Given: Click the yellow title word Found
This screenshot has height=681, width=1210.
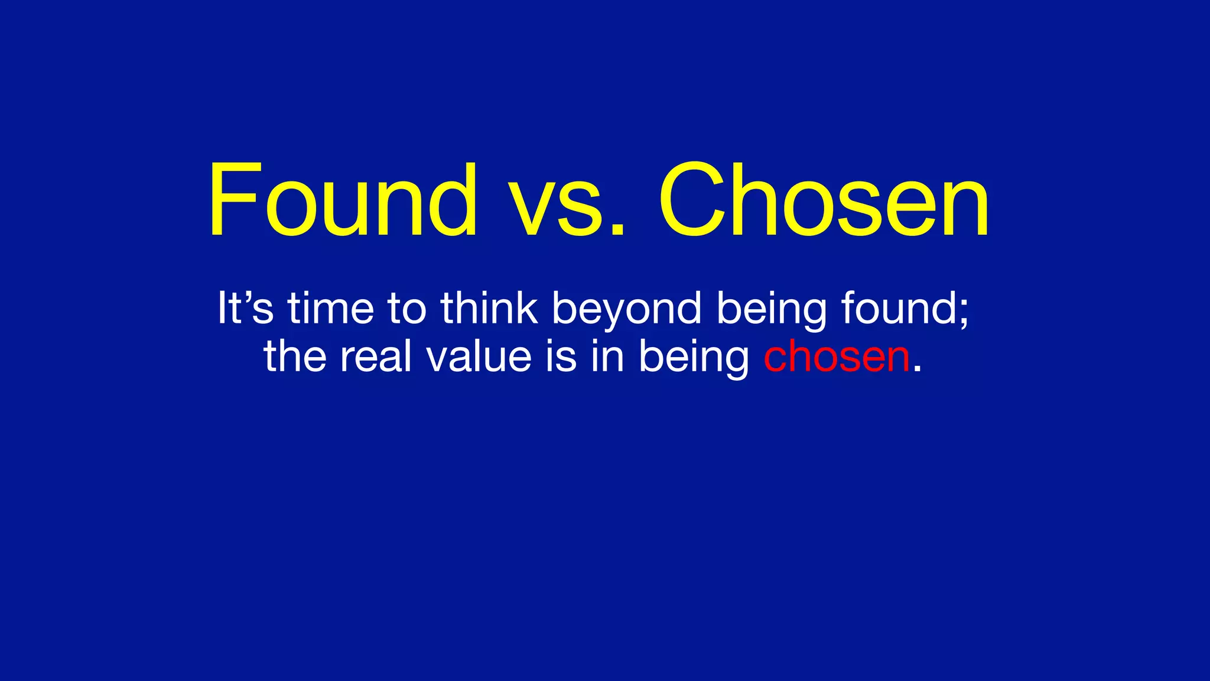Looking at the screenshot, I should click(x=343, y=201).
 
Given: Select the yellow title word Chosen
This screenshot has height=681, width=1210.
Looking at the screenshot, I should click(x=824, y=201).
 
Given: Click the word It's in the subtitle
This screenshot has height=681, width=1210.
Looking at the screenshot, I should click(x=245, y=308).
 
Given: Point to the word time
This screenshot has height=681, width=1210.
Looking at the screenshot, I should click(x=331, y=308).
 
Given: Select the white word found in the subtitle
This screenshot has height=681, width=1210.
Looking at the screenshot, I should click(x=898, y=308).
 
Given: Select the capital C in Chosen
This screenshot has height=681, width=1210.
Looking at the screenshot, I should click(x=691, y=201).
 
